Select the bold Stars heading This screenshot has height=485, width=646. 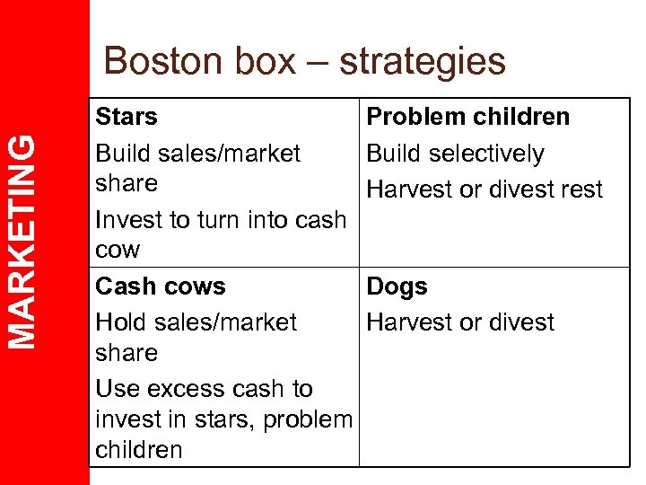[127, 117]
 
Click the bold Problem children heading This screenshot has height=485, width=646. [468, 117]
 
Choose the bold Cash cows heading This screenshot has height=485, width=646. [161, 287]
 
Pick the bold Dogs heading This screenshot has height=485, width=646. [397, 287]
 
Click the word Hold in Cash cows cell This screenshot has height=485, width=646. [122, 322]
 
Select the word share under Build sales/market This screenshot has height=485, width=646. [127, 183]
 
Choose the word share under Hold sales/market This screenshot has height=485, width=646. [127, 353]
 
